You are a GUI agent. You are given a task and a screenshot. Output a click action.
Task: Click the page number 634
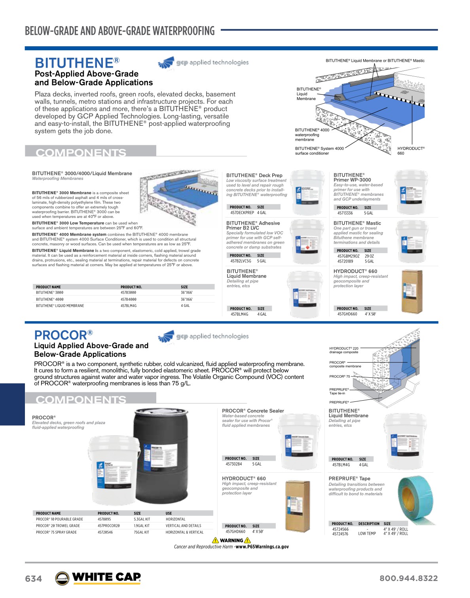pyautogui.click(x=33, y=579)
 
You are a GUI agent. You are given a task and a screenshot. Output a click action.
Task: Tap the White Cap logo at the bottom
pyautogui.click(x=98, y=578)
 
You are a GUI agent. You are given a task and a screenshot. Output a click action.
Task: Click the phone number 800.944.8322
pyautogui.click(x=408, y=578)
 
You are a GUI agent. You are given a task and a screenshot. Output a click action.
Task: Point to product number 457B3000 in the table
pyautogui.click(x=128, y=293)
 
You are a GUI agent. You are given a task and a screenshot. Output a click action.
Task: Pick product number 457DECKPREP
pyautogui.click(x=242, y=213)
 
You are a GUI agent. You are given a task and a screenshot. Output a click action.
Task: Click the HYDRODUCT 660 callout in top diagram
pyautogui.click(x=411, y=151)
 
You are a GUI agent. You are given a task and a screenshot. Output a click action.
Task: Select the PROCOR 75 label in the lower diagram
pyautogui.click(x=339, y=377)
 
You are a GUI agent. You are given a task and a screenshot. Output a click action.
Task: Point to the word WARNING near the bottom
pyautogui.click(x=231, y=541)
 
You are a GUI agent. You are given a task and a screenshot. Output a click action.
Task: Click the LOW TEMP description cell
pyautogui.click(x=367, y=534)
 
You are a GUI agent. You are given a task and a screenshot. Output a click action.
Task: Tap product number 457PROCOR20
pyautogui.click(x=108, y=526)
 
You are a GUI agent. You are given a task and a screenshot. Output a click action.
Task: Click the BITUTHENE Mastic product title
pyautogui.click(x=357, y=223)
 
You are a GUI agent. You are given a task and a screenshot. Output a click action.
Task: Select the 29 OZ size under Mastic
pyautogui.click(x=369, y=256)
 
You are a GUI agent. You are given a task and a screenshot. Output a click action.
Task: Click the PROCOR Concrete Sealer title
pyautogui.click(x=253, y=411)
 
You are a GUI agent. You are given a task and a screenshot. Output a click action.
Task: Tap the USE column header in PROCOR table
pyautogui.click(x=169, y=513)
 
